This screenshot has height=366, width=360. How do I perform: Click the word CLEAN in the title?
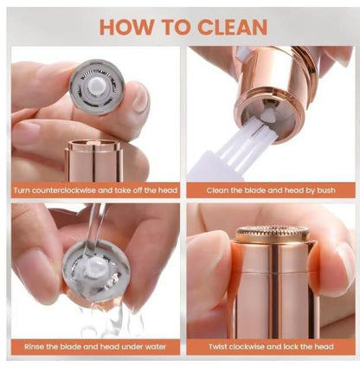232,27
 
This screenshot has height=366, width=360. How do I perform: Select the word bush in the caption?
326,190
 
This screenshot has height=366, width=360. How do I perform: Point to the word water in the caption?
156,346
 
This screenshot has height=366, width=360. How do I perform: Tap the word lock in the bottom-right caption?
292,346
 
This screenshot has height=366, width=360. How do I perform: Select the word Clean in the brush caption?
216,190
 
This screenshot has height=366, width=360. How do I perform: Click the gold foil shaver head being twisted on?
272,234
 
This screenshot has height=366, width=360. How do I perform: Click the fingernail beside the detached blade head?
141,95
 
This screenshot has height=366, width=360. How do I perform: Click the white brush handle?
202,169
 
